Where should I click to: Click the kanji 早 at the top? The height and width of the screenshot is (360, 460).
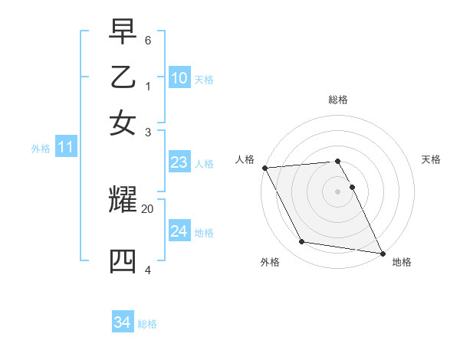pos(123,33)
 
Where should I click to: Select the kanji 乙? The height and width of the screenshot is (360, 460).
pos(123,78)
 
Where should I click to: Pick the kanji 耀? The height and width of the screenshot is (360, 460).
pos(123,200)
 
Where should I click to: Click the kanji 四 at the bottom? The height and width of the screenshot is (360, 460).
pos(123,261)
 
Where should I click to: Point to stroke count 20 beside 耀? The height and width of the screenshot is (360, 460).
pos(148,208)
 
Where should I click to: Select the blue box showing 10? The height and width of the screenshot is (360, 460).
pos(179,78)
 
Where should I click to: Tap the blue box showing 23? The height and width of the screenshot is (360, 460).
pos(179,162)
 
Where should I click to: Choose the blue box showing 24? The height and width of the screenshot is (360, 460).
pos(179,231)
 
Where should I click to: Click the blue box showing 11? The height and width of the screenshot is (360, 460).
pos(65,148)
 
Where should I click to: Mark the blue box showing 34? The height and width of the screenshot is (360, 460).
pos(123,322)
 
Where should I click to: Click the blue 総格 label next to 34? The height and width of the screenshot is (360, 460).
pos(147,324)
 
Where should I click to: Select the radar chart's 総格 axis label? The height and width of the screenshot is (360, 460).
pos(338,100)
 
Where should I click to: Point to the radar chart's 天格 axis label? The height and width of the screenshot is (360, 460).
pos(432,159)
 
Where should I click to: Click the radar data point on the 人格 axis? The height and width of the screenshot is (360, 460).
pos(264,168)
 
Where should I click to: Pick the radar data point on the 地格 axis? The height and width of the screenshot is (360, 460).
pos(381,253)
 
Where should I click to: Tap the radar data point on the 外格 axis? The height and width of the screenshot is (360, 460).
pos(302,242)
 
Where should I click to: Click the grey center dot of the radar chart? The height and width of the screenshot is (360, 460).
pos(338,191)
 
